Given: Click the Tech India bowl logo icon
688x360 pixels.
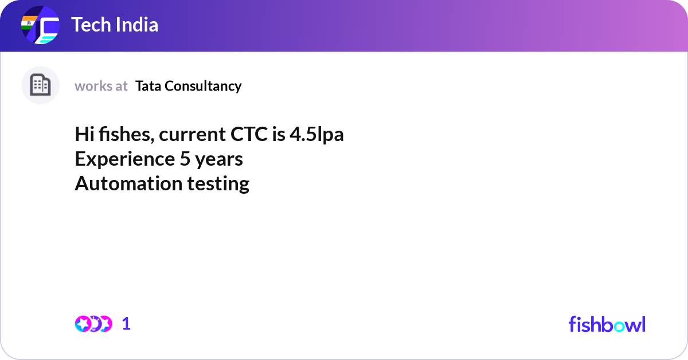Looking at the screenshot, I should pos(40,25).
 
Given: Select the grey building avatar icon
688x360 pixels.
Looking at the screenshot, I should pos(40,85).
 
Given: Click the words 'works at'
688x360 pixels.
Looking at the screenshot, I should pos(101,86).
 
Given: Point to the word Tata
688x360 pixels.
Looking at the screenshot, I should pos(148,86).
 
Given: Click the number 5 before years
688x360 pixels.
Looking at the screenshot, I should pos(185,159).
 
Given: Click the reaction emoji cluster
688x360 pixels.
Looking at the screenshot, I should pos(93,324).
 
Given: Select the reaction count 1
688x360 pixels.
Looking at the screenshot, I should pos(126,324).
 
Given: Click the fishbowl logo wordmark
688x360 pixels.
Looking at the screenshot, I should pos(607,324).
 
